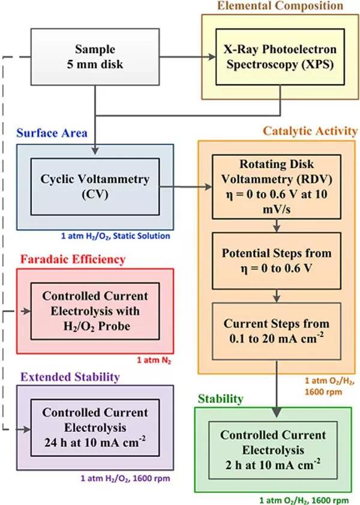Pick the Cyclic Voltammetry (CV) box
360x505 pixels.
coord(95,186)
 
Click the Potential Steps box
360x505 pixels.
coord(277,260)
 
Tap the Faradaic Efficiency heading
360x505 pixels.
coord(72,260)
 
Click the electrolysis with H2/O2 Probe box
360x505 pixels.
coord(95,312)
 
